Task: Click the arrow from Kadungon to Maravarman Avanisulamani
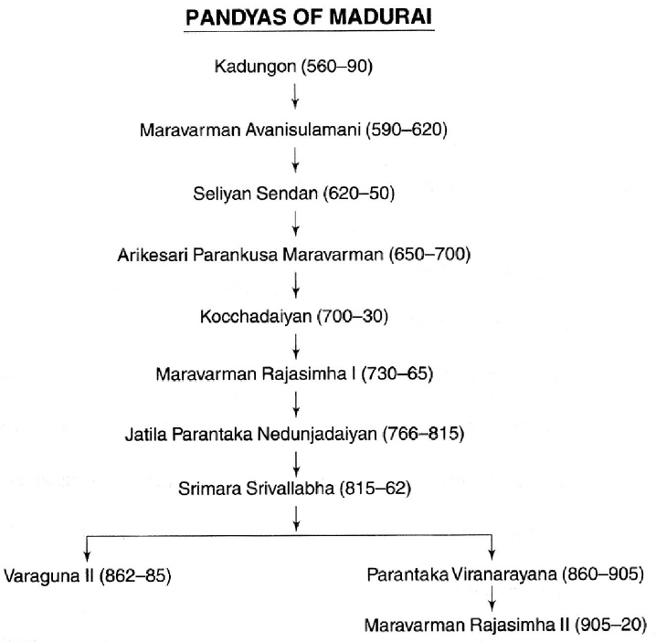click(x=295, y=96)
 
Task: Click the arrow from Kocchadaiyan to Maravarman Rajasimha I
click(x=295, y=346)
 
